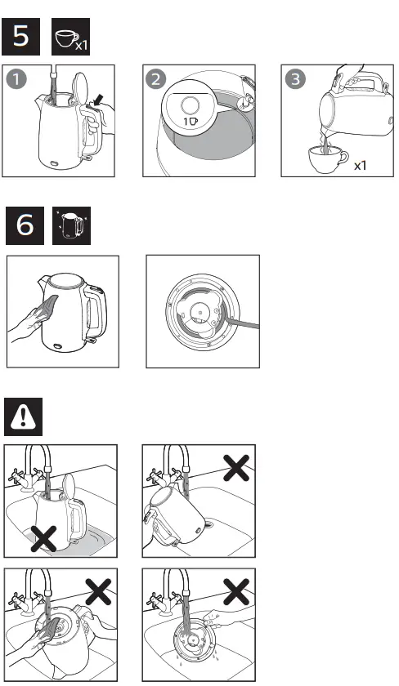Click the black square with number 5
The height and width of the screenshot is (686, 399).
25,38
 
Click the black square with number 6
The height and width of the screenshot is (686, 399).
25,225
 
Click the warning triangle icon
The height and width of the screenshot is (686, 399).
25,418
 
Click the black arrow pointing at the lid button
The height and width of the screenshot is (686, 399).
98,100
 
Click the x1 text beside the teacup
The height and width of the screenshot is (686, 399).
361,165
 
